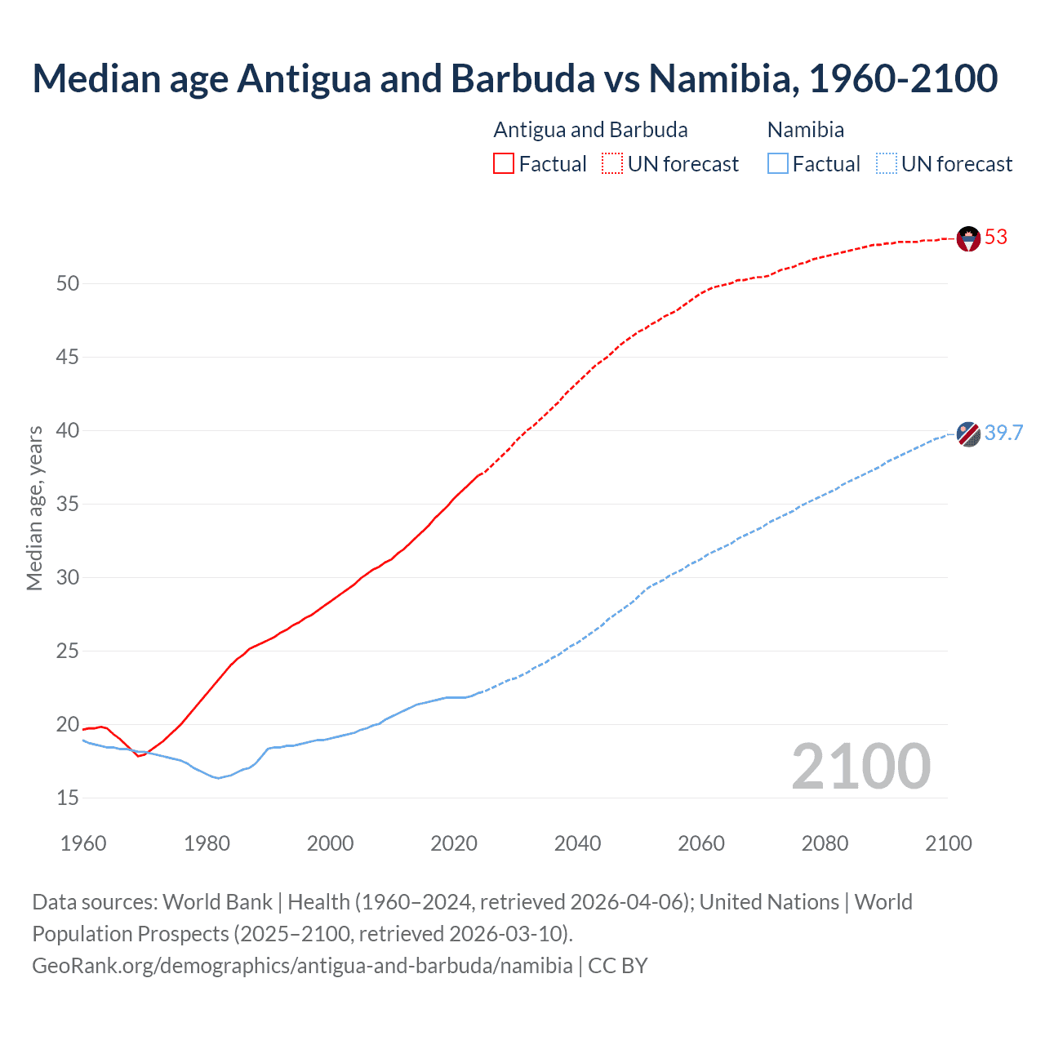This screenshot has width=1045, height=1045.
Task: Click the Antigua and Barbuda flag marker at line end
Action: [968, 238]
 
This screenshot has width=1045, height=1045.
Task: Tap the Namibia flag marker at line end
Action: [968, 434]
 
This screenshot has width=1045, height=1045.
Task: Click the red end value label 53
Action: [996, 238]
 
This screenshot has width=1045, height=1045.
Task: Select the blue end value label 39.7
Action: [1003, 434]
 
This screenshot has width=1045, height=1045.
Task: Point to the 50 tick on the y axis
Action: [68, 284]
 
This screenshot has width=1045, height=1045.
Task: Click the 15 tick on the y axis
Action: [68, 798]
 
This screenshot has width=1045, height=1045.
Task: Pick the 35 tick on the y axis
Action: [68, 505]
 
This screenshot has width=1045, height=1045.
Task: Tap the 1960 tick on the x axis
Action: [83, 844]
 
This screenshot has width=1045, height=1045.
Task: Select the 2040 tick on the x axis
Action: [577, 844]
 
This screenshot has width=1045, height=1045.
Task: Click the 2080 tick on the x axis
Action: [825, 844]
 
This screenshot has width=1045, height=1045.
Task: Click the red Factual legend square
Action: [504, 164]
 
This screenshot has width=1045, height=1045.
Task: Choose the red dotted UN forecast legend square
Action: [612, 164]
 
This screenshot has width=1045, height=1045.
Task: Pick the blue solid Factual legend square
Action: [777, 164]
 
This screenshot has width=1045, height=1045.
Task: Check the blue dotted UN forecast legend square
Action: [886, 164]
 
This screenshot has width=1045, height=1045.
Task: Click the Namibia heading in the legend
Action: [806, 131]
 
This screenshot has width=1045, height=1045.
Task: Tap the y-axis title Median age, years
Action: [34, 508]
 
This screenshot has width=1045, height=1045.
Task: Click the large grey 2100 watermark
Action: [860, 767]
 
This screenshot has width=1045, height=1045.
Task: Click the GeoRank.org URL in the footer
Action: [302, 966]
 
